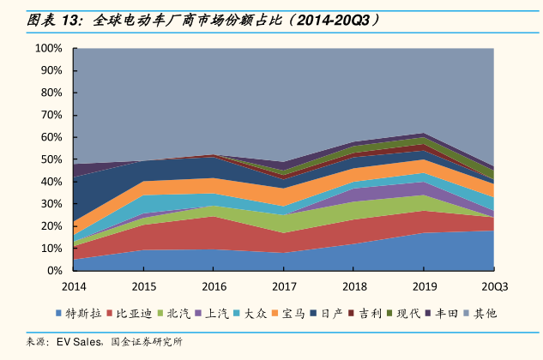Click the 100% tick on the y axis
tap(49, 49)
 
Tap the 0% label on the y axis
tap(55, 271)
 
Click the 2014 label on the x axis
tap(74, 286)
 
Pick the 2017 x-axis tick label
tap(284, 286)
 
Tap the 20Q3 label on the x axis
tap(493, 286)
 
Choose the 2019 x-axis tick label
tap(425, 286)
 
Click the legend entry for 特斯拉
tap(84, 314)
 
